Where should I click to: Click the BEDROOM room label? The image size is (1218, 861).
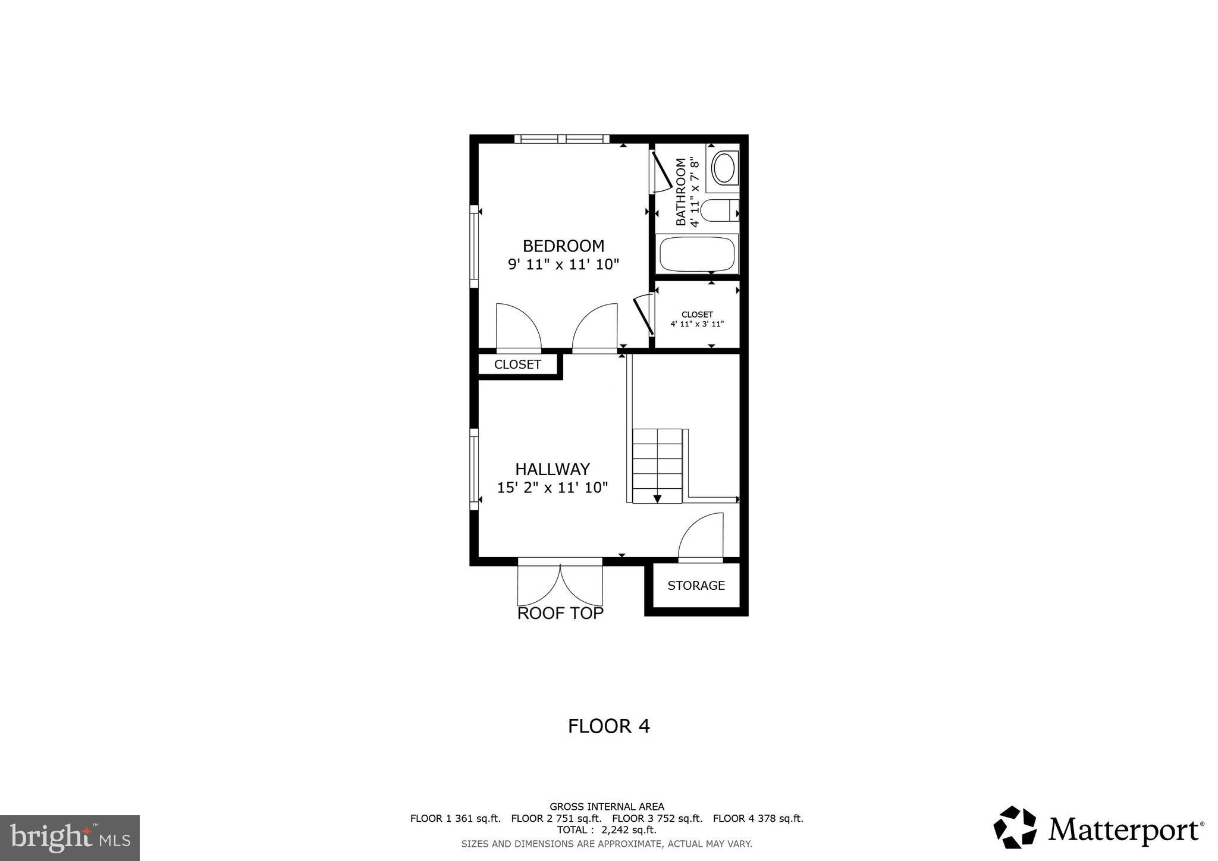(x=563, y=246)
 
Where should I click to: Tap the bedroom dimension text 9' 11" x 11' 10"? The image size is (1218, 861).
(x=563, y=265)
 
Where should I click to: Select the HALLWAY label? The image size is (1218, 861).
(x=552, y=469)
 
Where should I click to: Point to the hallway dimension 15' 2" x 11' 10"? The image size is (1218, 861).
(x=552, y=488)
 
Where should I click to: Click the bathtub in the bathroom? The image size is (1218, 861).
(x=696, y=254)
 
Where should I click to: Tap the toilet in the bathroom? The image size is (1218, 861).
(x=718, y=210)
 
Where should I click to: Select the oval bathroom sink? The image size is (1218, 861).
(x=724, y=168)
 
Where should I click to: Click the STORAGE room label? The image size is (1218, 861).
(x=696, y=586)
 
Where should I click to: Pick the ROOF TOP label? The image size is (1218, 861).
(x=560, y=614)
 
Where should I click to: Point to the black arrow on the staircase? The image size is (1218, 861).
(x=657, y=498)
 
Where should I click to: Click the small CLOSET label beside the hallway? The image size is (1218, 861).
(x=517, y=364)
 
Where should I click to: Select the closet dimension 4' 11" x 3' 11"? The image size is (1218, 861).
(x=697, y=324)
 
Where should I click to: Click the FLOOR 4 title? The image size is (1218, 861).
(x=608, y=726)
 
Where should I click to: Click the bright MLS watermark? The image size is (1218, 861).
(x=70, y=838)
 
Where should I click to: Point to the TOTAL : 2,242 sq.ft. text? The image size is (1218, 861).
(x=607, y=830)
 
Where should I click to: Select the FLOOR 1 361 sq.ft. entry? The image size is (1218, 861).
(x=455, y=818)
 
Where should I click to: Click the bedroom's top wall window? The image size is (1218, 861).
(x=561, y=139)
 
